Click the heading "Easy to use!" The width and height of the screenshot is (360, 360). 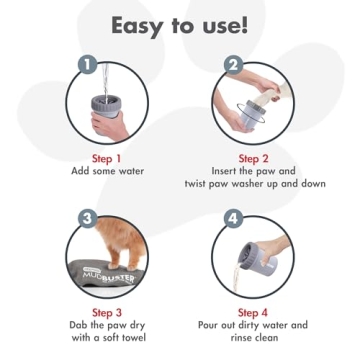179,24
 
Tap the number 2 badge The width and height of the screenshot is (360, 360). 234,65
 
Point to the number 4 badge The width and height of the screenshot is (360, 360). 234,217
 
